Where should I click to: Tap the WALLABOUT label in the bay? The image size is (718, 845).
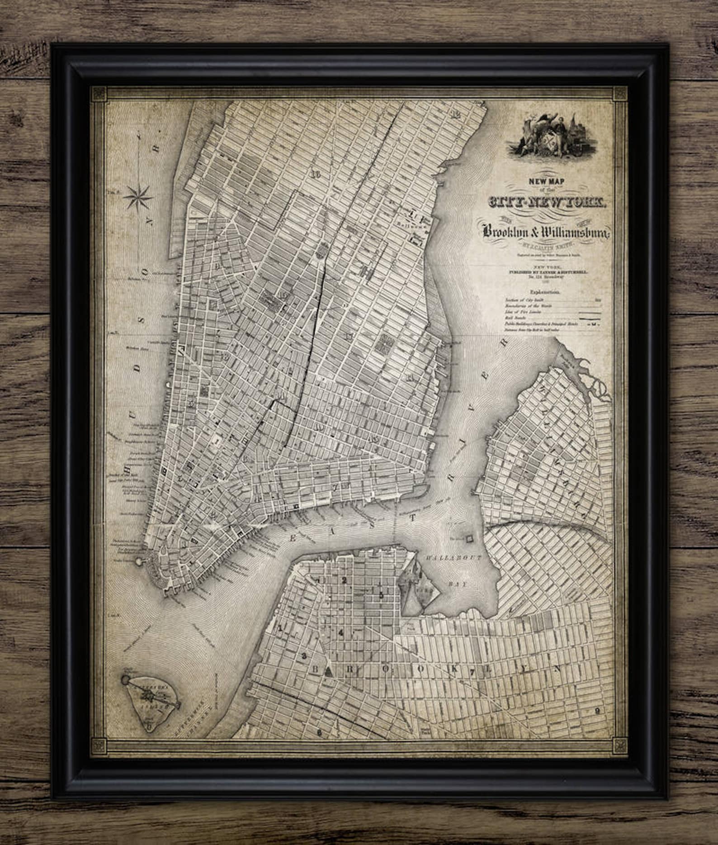click(x=456, y=558)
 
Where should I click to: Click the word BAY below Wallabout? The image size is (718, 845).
click(x=461, y=584)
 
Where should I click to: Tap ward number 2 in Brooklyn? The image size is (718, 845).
click(x=344, y=580)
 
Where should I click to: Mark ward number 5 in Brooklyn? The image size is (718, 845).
click(x=381, y=595)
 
